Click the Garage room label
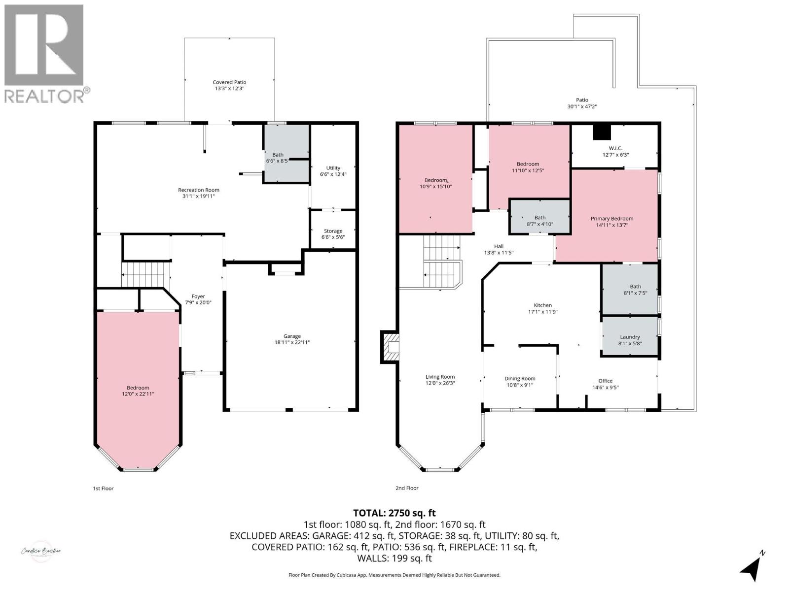(x=292, y=336)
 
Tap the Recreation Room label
(x=199, y=190)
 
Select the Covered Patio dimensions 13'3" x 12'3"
(x=229, y=89)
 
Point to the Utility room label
(x=333, y=168)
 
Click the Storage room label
(x=333, y=231)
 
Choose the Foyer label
(x=198, y=296)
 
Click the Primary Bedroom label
(x=612, y=219)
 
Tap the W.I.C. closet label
(x=615, y=148)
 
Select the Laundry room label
(x=630, y=337)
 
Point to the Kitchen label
(x=542, y=305)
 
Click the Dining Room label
(x=520, y=379)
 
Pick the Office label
(x=606, y=381)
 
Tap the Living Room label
(x=440, y=377)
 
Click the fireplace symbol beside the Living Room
(x=390, y=347)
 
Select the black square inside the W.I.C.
(x=602, y=132)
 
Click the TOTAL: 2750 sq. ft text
(x=394, y=513)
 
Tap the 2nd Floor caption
(x=407, y=488)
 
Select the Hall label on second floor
(x=499, y=246)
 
